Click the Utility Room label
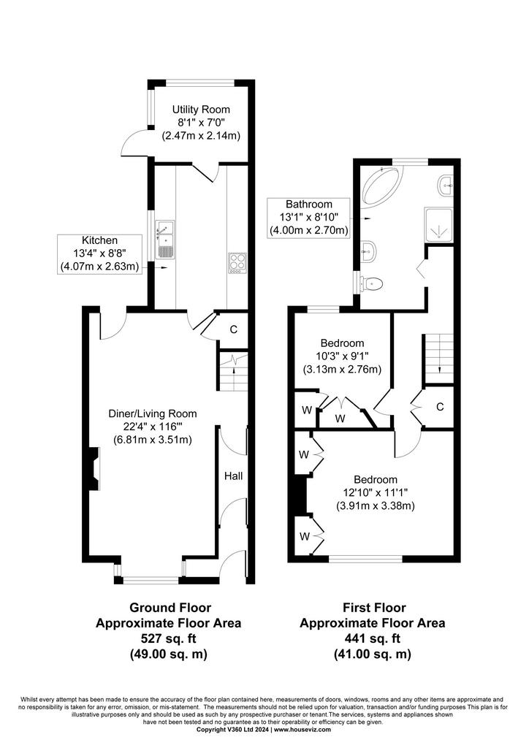201,110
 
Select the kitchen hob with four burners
237,263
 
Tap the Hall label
234,476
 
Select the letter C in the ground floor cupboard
234,329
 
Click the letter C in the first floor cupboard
441,407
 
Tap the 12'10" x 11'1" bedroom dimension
375,493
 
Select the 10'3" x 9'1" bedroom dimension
342,356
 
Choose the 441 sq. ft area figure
373,638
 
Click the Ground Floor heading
170,608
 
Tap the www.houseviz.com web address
302,730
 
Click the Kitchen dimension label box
99,253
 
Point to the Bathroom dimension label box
308,218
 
